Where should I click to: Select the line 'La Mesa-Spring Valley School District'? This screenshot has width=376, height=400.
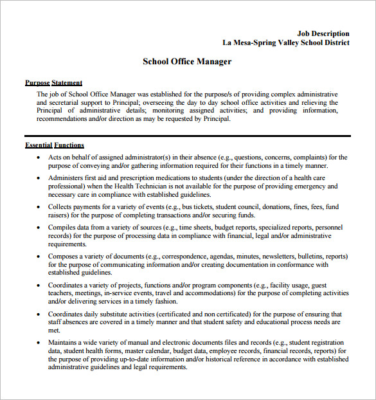286,43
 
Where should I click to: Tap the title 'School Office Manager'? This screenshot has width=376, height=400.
186,62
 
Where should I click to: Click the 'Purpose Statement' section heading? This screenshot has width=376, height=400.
53,82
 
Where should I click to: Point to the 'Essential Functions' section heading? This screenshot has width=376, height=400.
55,145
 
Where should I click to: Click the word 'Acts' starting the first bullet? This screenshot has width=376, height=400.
55,157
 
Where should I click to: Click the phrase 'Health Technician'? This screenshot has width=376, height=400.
152,186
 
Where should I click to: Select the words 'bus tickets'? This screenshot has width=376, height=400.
201,207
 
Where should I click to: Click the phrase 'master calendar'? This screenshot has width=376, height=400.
147,351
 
